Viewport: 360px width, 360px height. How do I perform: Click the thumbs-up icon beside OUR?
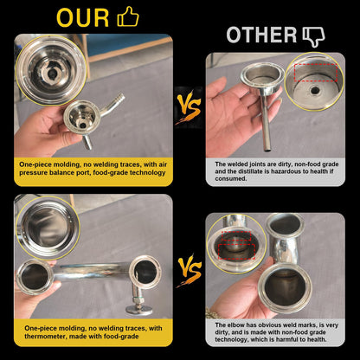(x=128, y=17)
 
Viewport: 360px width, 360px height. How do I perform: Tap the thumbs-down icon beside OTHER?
(x=313, y=36)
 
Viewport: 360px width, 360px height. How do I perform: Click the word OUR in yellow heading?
(x=83, y=18)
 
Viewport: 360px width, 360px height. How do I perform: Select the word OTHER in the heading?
(x=261, y=35)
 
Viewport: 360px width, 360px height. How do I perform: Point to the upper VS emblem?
(x=189, y=106)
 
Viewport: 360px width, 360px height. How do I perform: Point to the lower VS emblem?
(x=190, y=271)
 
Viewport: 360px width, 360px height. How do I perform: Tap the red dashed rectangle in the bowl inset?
(x=316, y=73)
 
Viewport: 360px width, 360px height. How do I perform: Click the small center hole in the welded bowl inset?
(x=315, y=91)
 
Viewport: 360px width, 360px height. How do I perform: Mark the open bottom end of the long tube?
(x=267, y=149)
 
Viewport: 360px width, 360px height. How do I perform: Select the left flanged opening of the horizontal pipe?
(x=35, y=277)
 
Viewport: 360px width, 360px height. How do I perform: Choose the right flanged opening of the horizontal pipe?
(x=145, y=272)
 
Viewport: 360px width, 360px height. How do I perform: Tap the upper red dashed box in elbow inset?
(x=236, y=236)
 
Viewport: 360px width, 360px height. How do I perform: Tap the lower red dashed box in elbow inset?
(x=236, y=251)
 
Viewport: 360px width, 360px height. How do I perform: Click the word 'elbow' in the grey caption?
(x=236, y=325)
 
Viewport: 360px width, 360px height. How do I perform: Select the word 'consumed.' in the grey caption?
(x=231, y=178)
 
